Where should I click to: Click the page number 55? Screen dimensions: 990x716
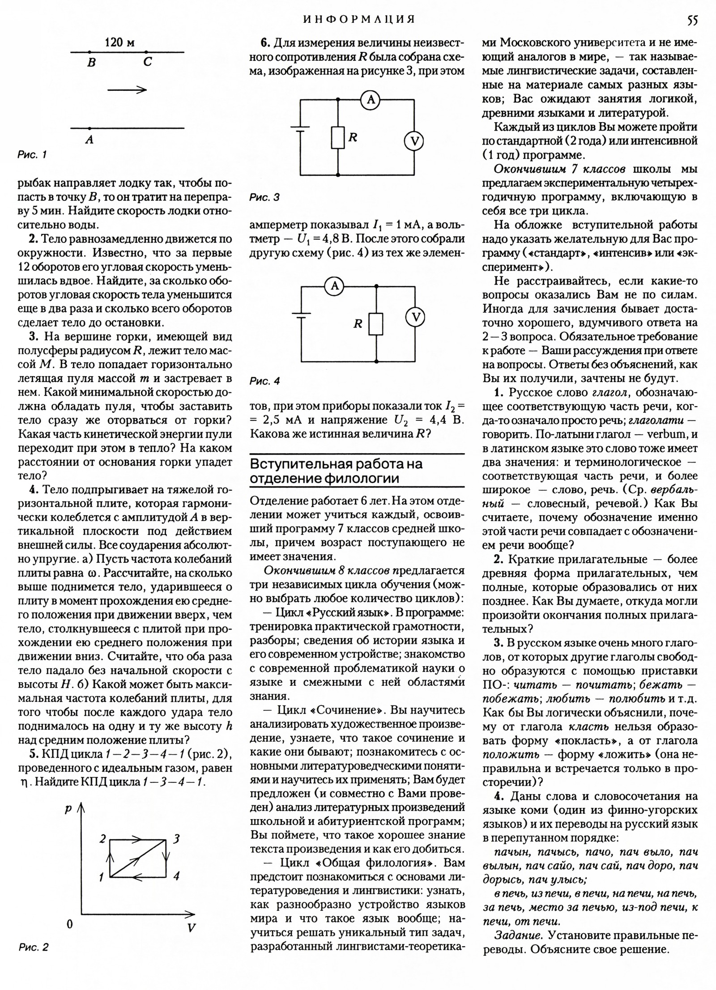click(691, 20)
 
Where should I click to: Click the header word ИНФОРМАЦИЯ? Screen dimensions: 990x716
click(359, 19)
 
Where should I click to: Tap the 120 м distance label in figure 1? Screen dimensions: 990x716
click(119, 42)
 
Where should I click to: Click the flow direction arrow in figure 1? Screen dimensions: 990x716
click(127, 90)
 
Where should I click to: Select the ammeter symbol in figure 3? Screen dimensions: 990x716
click(371, 100)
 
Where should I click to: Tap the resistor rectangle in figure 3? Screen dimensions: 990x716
click(338, 137)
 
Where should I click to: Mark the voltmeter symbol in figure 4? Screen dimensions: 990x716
click(415, 317)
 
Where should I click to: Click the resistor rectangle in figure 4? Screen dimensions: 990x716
click(376, 324)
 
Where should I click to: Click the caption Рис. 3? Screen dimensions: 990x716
click(264, 197)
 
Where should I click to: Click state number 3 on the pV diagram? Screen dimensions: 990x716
click(176, 839)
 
